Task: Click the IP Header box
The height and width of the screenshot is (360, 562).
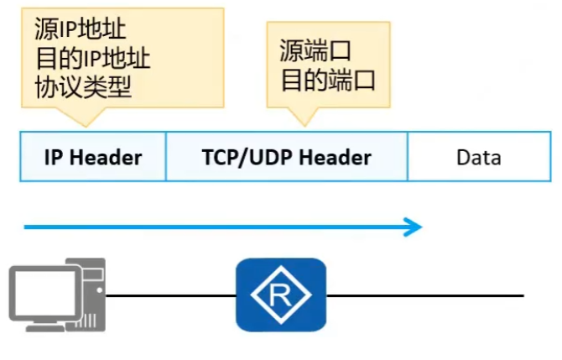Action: pyautogui.click(x=92, y=156)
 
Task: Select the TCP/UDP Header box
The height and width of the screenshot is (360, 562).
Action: pyautogui.click(x=286, y=156)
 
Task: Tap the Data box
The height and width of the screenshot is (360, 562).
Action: pyautogui.click(x=479, y=156)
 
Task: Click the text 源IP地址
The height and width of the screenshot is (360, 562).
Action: pyautogui.click(x=81, y=31)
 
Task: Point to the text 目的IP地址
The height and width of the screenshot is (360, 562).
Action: pyautogui.click(x=92, y=59)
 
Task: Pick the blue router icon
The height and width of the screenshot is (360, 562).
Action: pyautogui.click(x=280, y=295)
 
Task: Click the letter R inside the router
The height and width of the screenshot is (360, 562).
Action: pyautogui.click(x=280, y=295)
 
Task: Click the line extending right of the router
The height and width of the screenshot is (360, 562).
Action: pyautogui.click(x=424, y=295)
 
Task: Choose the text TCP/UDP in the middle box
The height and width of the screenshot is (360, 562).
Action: pyautogui.click(x=247, y=157)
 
